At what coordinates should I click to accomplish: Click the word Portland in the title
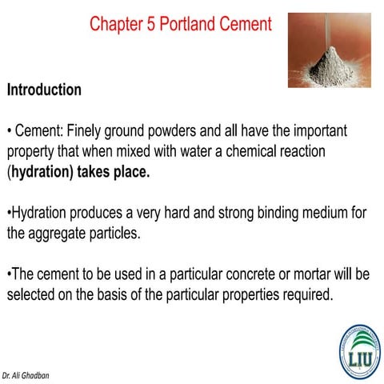[x=190, y=24]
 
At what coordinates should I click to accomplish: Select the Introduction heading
[x=44, y=90]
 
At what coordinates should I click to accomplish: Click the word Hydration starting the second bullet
[x=41, y=213]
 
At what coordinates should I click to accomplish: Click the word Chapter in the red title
[x=115, y=24]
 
